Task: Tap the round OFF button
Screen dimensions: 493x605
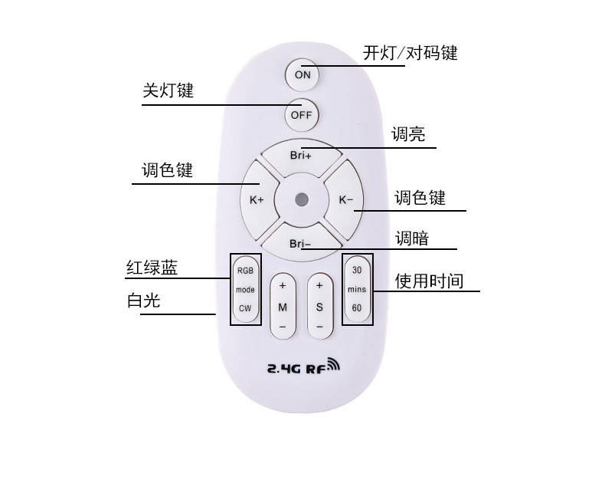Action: coord(302,115)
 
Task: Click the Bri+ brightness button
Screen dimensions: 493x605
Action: coord(301,154)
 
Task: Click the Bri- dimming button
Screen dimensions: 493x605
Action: coord(301,244)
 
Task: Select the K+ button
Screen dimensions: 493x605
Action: coord(257,199)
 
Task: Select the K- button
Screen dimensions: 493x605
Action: coord(346,199)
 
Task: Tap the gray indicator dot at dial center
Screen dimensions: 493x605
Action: coord(302,199)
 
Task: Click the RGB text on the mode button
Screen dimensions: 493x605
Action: coord(245,271)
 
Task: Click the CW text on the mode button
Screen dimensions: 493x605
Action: coord(245,308)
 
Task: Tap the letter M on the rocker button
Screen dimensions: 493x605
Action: coord(283,307)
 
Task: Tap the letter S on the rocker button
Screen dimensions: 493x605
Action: coord(319,307)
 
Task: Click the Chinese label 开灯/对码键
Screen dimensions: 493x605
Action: coord(410,53)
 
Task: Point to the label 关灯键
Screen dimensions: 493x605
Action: coord(168,90)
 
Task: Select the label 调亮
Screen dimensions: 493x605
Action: coord(408,135)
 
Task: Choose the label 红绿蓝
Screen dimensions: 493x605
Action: coord(152,268)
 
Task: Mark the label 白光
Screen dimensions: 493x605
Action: coord(143,301)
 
